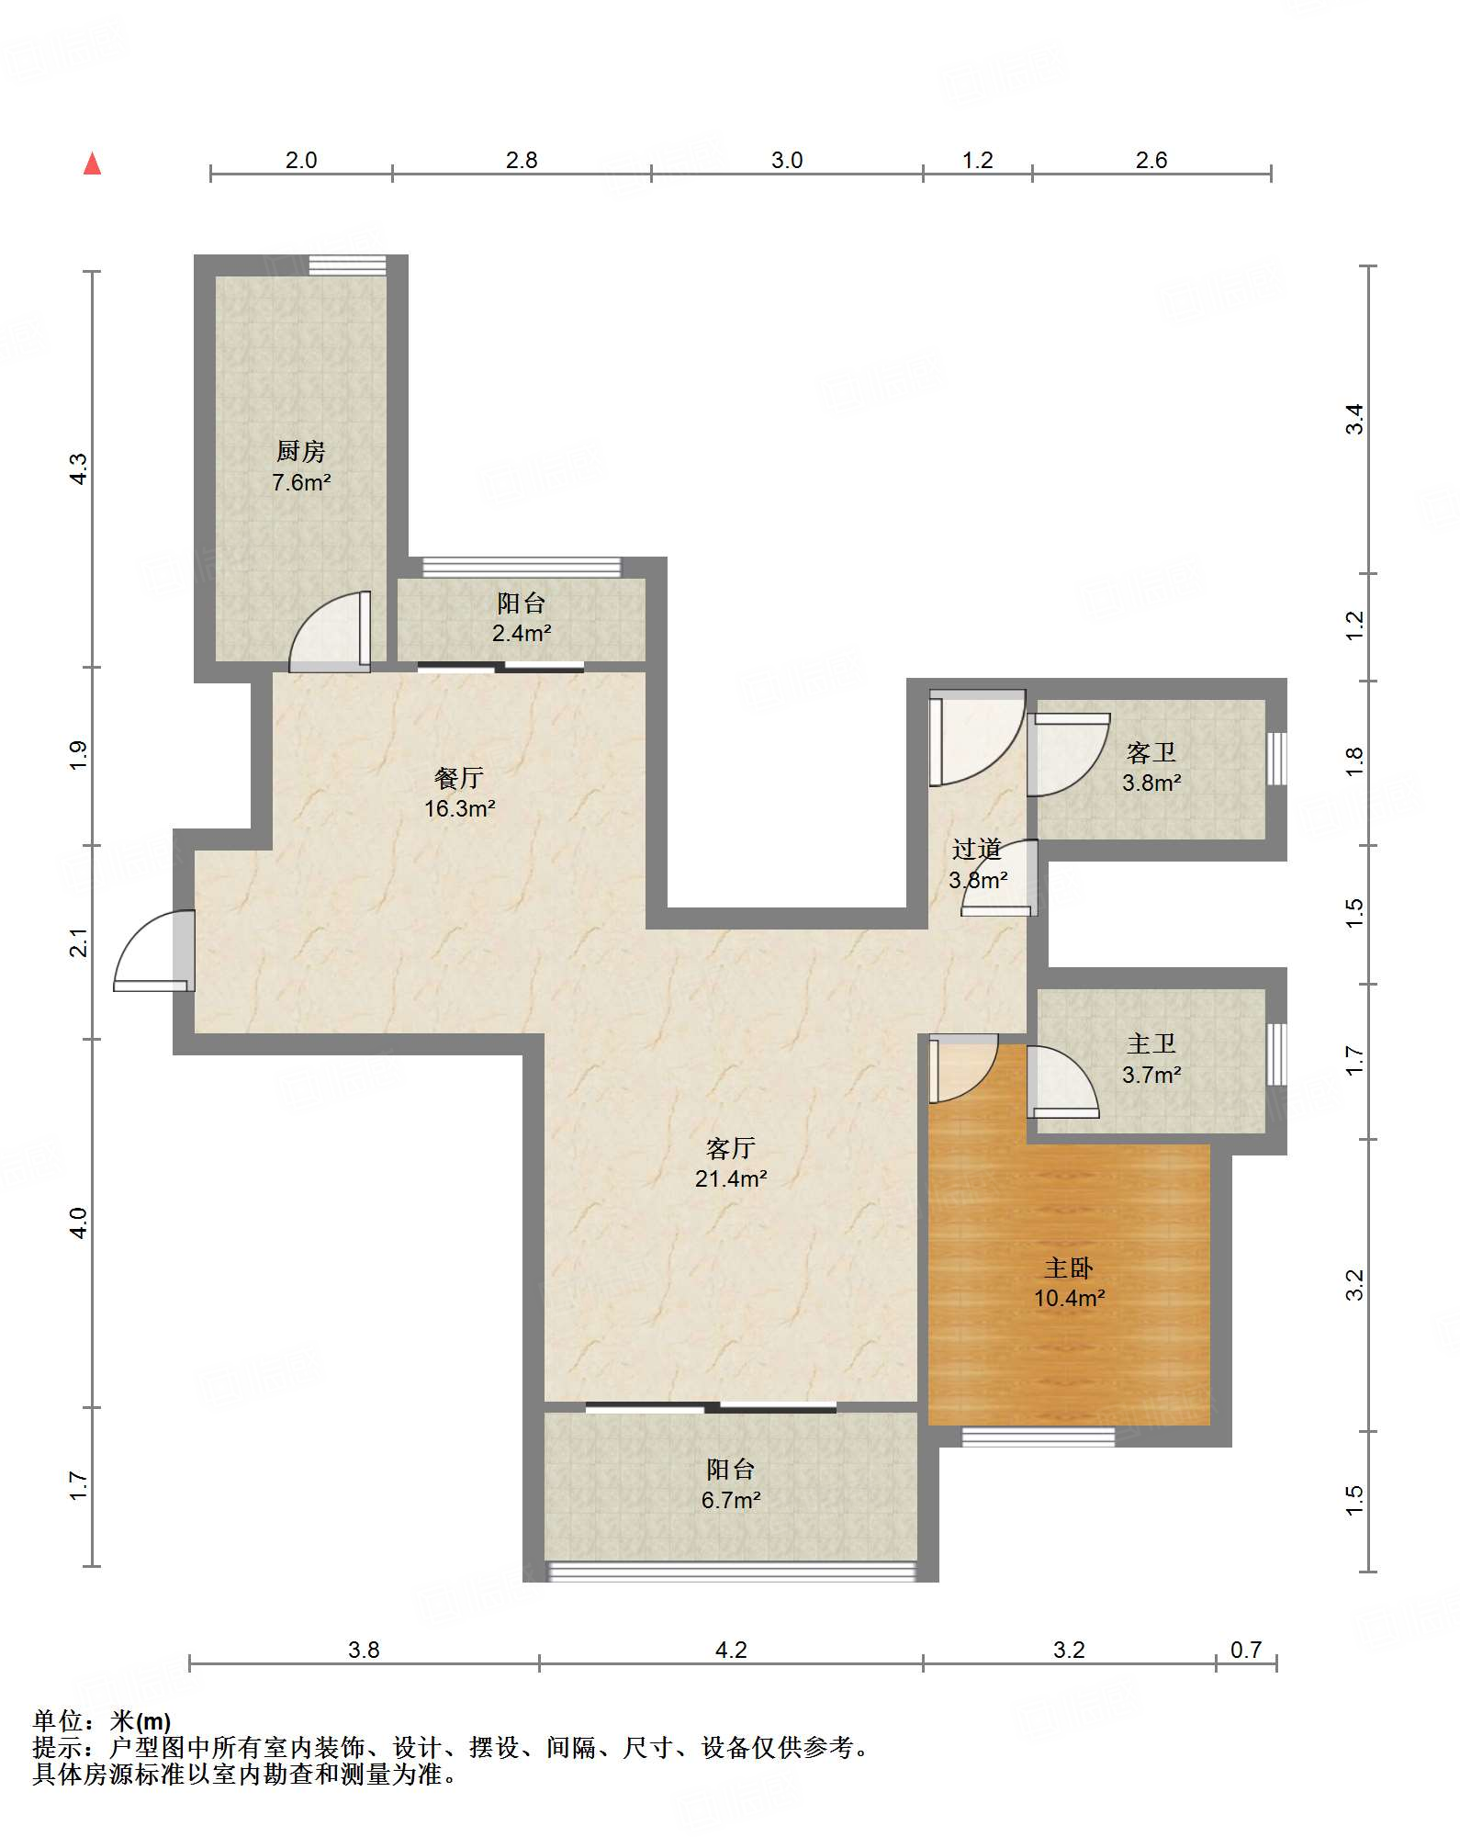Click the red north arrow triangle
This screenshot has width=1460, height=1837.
92,163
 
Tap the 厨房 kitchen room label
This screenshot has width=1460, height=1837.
301,451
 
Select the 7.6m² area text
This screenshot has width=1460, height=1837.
301,482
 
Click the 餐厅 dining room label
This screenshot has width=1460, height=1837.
459,778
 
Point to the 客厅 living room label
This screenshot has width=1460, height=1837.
731,1148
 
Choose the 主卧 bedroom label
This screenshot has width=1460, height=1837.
1069,1268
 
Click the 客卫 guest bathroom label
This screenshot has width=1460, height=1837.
1151,752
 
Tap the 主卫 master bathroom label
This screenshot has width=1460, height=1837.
1151,1043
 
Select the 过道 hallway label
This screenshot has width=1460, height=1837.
977,849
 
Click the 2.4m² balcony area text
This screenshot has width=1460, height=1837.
522,633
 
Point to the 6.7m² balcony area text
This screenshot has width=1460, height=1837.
731,1500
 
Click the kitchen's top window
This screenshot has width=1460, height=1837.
347,265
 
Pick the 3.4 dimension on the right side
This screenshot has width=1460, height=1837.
1354,420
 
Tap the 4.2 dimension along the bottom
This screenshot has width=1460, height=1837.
731,1650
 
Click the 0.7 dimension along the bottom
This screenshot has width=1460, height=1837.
1246,1650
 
